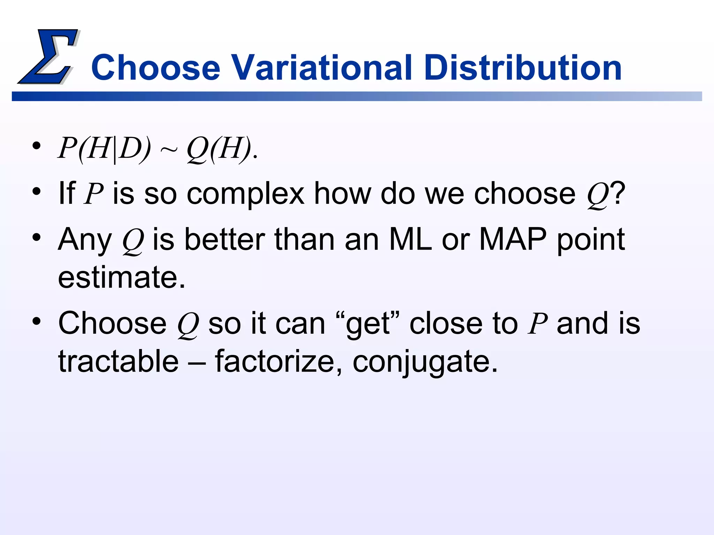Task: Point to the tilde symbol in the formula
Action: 169,150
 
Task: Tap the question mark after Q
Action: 618,194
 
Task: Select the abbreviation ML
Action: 410,240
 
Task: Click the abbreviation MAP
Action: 513,240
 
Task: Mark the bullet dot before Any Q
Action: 36,238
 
